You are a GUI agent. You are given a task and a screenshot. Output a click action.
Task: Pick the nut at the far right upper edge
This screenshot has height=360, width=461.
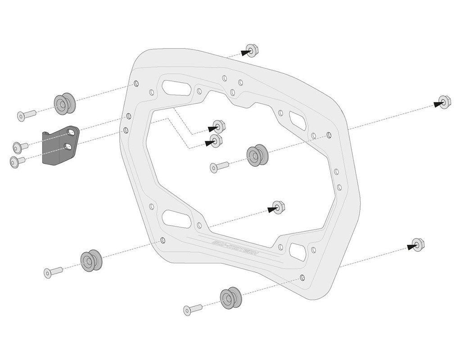tap(443, 102)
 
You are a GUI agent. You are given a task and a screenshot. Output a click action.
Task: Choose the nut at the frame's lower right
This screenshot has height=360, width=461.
tap(417, 245)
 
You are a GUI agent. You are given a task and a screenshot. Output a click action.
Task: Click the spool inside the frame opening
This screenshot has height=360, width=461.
tap(257, 156)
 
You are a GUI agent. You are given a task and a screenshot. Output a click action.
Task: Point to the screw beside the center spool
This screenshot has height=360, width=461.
tap(219, 167)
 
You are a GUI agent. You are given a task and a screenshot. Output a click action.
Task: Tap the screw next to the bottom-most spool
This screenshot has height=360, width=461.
tap(193, 309)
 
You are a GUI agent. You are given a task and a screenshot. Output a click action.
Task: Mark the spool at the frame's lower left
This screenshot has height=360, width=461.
tap(91, 260)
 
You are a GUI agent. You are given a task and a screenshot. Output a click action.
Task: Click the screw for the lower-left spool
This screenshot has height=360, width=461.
tap(53, 271)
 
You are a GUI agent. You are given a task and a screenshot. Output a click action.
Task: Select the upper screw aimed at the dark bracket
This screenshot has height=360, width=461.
tap(20, 146)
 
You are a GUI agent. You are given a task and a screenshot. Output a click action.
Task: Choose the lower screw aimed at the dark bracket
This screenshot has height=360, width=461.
tap(17, 161)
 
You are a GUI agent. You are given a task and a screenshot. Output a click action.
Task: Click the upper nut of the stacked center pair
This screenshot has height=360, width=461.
tap(219, 126)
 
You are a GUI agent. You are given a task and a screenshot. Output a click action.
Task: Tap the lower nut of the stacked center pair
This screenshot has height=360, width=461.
tap(216, 141)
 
